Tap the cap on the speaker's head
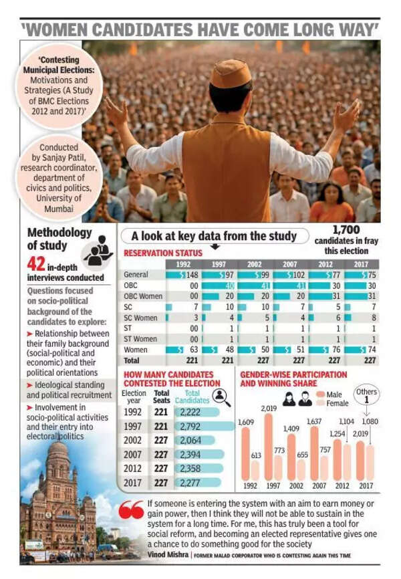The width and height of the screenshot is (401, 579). point(231,73)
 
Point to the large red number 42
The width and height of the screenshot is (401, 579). point(36,265)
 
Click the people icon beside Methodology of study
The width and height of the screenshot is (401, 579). point(99,251)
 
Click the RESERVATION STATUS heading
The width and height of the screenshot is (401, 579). point(163,253)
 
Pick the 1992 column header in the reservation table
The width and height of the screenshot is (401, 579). point(183,264)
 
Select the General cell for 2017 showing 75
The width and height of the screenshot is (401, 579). point(362,275)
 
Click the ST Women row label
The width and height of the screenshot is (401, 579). point(140,339)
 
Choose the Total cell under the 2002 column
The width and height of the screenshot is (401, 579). point(255,360)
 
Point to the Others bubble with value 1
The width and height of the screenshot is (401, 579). point(366,395)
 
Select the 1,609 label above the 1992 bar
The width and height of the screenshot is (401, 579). point(246,423)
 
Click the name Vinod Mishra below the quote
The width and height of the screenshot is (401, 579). point(168,555)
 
